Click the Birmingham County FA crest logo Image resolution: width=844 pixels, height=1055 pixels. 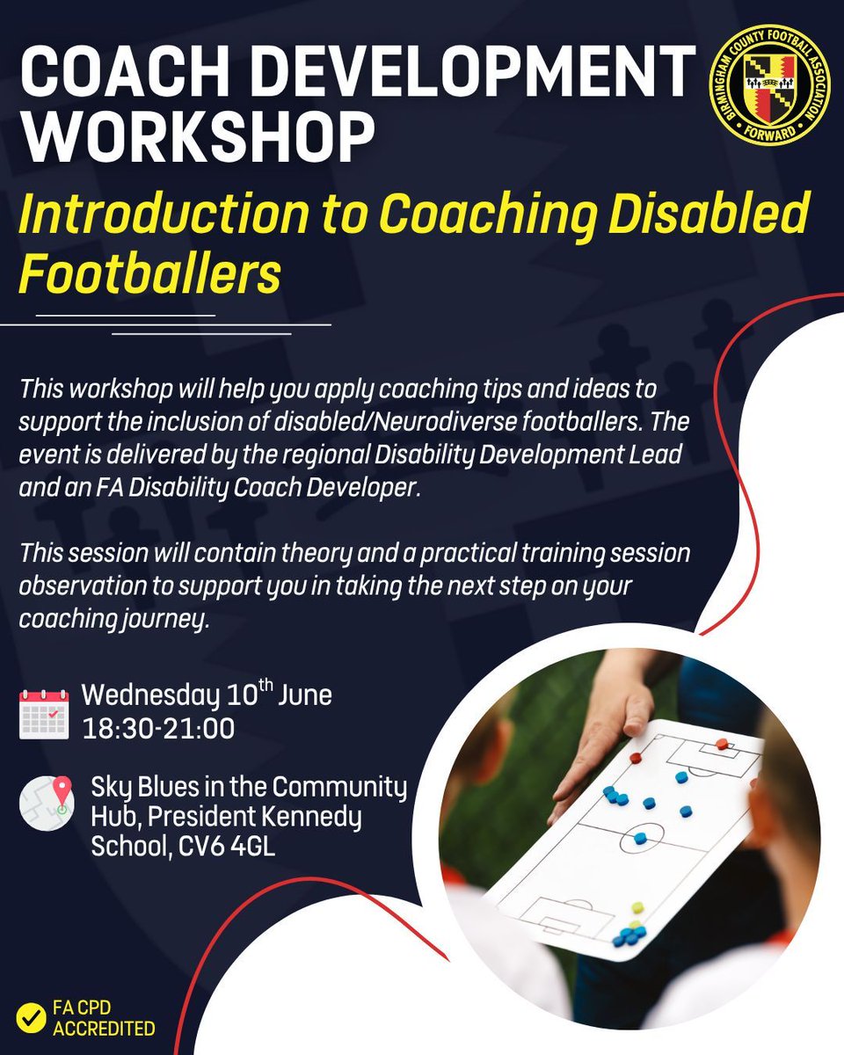[x=769, y=87]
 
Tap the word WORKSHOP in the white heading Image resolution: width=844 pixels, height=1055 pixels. [x=197, y=137]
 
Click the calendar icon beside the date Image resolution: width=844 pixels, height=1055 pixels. [x=44, y=714]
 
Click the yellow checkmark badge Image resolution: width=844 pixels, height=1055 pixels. [x=31, y=1018]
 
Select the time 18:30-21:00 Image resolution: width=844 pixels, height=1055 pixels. [x=158, y=729]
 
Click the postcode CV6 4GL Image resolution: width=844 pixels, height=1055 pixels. [x=227, y=846]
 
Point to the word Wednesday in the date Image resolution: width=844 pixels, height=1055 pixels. [x=150, y=696]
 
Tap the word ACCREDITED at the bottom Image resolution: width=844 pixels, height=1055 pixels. [x=104, y=1029]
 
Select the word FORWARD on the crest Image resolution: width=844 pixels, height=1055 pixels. [x=769, y=133]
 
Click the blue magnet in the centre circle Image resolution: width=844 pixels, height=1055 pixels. [x=639, y=838]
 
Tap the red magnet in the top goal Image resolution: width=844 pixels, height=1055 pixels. [x=721, y=744]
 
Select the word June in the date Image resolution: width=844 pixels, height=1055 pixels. [x=305, y=695]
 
